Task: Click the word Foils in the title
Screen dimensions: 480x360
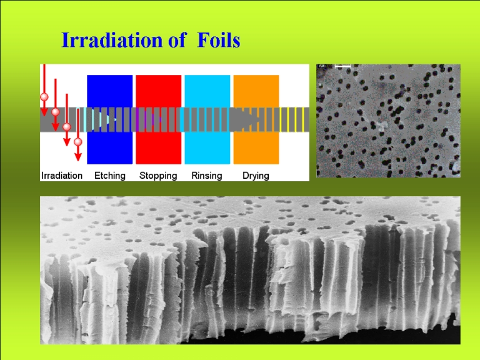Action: pos(219,40)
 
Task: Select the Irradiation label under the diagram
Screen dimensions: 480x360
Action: pos(62,176)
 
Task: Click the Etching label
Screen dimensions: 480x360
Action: pos(110,176)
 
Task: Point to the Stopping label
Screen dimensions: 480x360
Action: pos(158,176)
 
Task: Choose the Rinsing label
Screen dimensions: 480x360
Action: pos(207,176)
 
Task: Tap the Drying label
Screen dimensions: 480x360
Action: pos(256,176)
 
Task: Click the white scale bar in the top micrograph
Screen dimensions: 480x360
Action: pos(342,66)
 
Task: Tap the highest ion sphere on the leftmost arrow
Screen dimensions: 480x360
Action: pos(44,97)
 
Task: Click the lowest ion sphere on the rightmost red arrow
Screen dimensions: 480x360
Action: pos(78,142)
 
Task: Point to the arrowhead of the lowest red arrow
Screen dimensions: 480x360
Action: pos(78,157)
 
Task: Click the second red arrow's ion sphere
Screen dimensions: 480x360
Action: pos(56,112)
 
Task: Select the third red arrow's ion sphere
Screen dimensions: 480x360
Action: pos(67,127)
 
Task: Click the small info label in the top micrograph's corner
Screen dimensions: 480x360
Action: pos(321,66)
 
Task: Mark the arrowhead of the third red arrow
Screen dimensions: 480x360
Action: pos(67,142)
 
